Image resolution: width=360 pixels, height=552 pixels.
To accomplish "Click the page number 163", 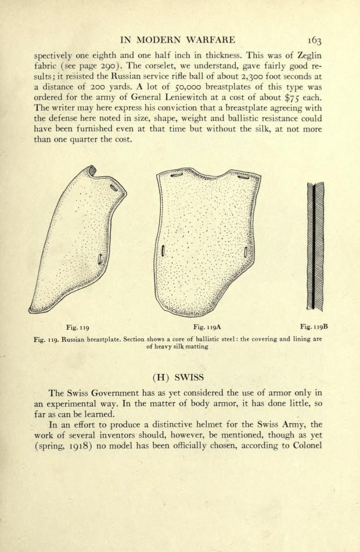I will coord(318,40).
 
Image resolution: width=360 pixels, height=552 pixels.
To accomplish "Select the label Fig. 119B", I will coord(314,327).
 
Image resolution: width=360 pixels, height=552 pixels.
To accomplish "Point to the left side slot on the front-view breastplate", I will coord(164,251).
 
